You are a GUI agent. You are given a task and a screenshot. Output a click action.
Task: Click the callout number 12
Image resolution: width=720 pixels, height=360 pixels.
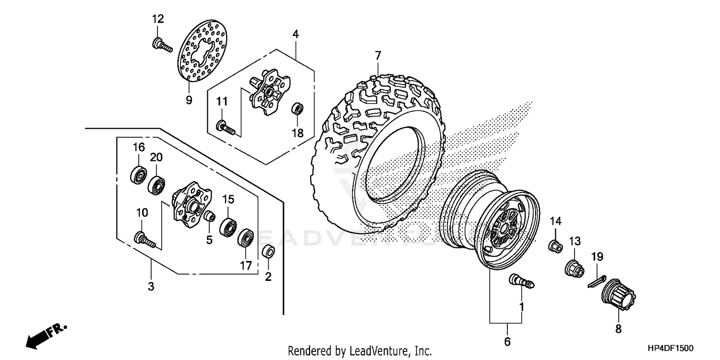point(158,19)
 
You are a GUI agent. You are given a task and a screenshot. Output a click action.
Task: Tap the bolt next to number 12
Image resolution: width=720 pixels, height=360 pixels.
point(162,46)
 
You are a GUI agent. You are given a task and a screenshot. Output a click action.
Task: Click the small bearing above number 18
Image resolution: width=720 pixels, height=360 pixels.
point(298,108)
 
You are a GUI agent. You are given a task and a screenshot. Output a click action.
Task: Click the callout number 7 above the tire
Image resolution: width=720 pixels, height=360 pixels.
point(378,56)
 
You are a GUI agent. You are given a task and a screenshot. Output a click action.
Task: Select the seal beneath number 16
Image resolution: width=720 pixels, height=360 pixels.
point(138,174)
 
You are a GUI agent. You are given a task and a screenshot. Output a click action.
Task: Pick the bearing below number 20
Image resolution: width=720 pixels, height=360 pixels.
point(156,184)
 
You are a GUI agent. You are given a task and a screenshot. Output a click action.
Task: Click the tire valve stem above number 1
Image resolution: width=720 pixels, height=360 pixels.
point(521,282)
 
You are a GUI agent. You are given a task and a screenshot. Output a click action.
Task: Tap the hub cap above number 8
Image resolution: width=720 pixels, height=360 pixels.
point(618,297)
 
